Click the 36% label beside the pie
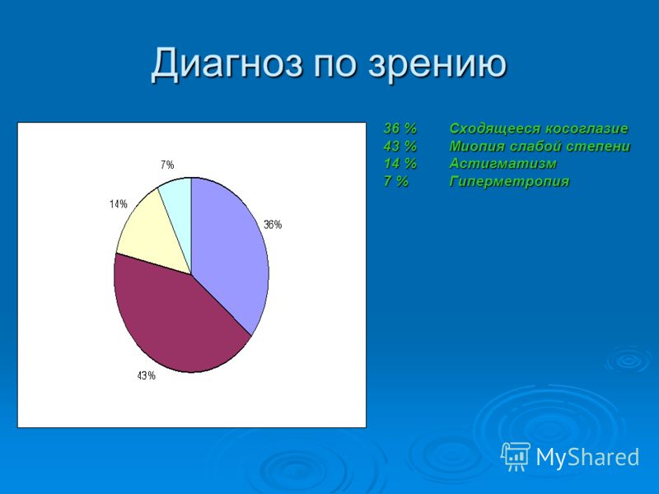273,225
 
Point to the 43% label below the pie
147,375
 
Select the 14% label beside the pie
119,204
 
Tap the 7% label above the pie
167,165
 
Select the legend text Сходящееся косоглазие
539,128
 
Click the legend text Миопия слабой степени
540,147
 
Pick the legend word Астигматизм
502,163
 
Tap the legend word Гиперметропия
509,181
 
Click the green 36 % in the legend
400,128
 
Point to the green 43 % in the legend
400,147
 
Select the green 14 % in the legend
400,163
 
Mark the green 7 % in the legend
395,181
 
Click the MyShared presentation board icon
516,456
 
